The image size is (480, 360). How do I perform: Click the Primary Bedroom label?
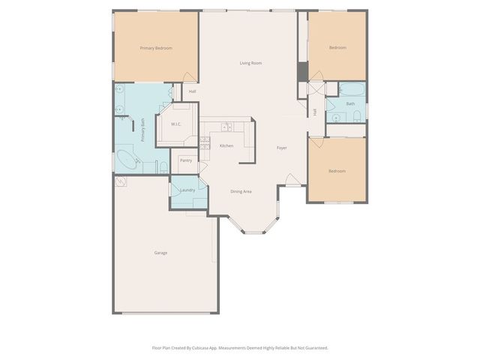(156, 48)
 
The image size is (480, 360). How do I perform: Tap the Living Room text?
(250, 63)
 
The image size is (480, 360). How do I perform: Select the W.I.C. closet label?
(176, 124)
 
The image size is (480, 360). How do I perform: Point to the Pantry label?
(186, 160)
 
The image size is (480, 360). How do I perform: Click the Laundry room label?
(187, 190)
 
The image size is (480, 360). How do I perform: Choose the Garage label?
(160, 253)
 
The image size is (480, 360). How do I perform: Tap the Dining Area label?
(241, 191)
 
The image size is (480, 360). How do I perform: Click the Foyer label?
(282, 148)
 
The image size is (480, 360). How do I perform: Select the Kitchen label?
(226, 145)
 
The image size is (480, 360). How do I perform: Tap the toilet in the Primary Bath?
(163, 165)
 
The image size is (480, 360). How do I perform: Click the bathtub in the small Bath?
(352, 91)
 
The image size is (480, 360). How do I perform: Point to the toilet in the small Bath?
(358, 115)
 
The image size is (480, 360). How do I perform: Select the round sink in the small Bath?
(338, 116)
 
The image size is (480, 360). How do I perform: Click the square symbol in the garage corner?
(120, 181)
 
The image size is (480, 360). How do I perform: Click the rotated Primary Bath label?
(142, 130)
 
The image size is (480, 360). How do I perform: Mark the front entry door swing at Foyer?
(293, 179)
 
